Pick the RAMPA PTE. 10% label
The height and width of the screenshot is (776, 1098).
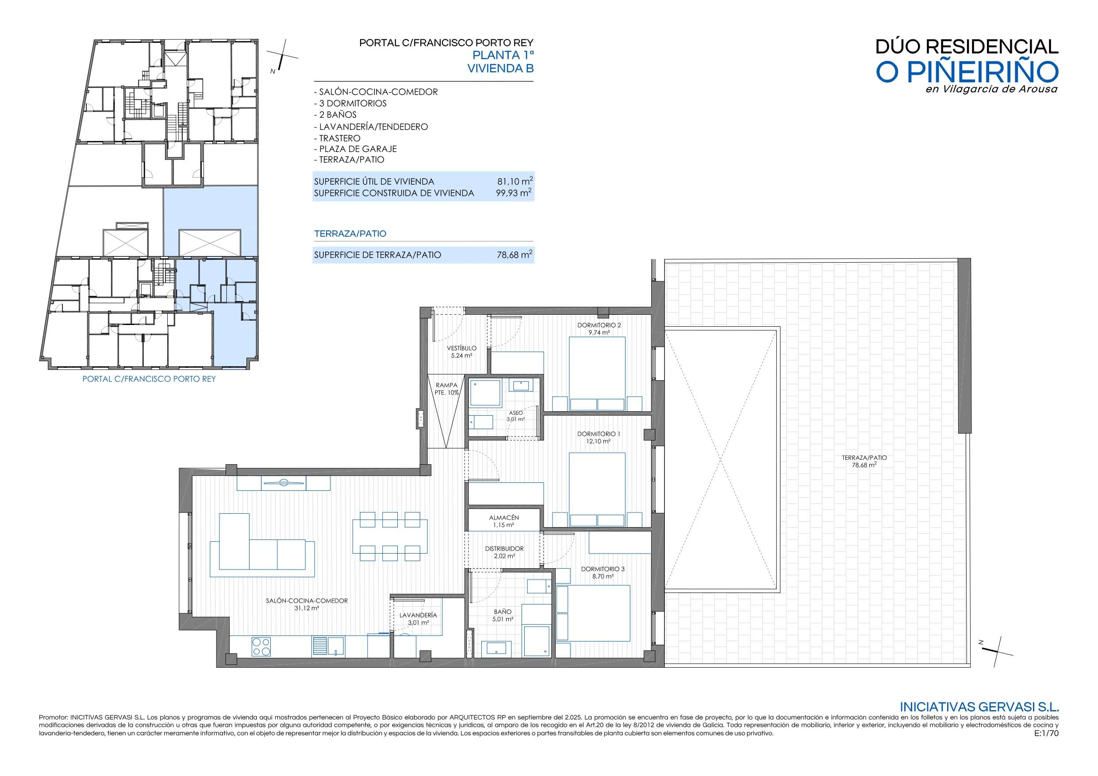coord(447,389)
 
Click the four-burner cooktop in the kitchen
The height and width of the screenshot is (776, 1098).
coord(261,646)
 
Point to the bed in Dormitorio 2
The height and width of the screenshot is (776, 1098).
coord(597,374)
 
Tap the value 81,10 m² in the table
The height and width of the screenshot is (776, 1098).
coord(514,181)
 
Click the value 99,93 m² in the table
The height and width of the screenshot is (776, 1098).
coord(514,193)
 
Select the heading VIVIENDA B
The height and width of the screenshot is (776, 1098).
coord(500,69)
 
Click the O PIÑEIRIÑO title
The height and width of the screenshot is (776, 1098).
coord(967,72)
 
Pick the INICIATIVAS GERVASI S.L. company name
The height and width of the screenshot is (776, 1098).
coord(979,707)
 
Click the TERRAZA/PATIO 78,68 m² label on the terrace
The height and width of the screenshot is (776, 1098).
coord(864,461)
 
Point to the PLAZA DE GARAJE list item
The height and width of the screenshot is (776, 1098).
coord(355,149)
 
